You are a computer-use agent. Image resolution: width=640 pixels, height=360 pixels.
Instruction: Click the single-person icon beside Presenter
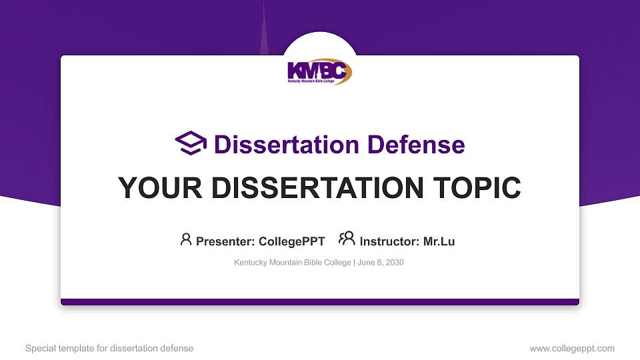click(186, 239)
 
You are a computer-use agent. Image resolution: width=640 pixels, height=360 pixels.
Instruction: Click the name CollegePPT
click(291, 241)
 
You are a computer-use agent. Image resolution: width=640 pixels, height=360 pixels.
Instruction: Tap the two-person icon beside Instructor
click(347, 239)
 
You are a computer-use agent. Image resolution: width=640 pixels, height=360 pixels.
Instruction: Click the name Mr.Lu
click(439, 241)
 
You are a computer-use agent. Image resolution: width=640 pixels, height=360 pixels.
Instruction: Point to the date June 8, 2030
click(381, 263)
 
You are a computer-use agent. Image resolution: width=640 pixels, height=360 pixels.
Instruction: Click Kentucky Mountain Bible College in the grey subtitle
click(292, 263)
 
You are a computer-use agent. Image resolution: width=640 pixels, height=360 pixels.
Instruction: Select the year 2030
click(394, 263)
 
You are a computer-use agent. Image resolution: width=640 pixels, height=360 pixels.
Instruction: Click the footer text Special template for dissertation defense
click(109, 348)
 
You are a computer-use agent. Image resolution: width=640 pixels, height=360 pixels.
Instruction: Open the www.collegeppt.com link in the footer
click(571, 348)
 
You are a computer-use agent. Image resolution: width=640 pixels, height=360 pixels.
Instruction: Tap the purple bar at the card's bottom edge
click(320, 302)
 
